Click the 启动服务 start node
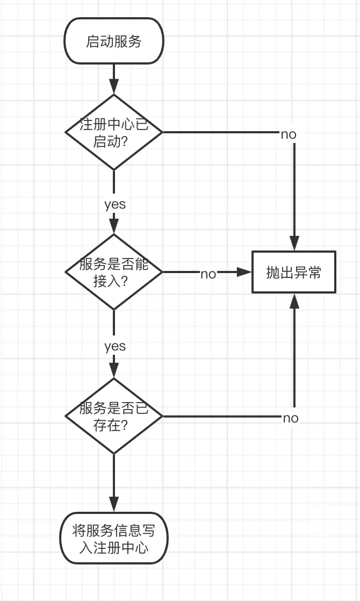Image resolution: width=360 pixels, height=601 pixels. pyautogui.click(x=113, y=41)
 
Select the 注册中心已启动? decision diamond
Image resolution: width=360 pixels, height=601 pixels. pyautogui.click(x=113, y=132)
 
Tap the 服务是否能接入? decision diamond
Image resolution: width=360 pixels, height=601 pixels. pyautogui.click(x=113, y=271)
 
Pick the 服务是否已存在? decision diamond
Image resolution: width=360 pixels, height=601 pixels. pyautogui.click(x=113, y=416)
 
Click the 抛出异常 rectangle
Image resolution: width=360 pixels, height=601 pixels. pyautogui.click(x=294, y=272)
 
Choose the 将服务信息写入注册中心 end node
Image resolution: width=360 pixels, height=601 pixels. pyautogui.click(x=113, y=538)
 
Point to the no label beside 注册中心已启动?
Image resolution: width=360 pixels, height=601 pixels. pyautogui.click(x=289, y=134)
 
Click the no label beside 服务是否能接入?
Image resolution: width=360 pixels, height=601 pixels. pyautogui.click(x=208, y=274)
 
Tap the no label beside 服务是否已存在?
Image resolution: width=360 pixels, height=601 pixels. pyautogui.click(x=291, y=418)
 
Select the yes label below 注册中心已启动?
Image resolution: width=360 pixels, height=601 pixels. pyautogui.click(x=114, y=204)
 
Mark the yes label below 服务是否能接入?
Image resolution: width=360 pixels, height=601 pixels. pyautogui.click(x=114, y=346)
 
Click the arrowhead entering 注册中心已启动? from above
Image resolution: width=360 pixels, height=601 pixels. pyautogui.click(x=113, y=87)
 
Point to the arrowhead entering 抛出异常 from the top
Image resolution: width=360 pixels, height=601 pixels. pyautogui.click(x=294, y=244)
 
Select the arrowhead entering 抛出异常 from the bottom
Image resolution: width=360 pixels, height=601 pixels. pyautogui.click(x=294, y=300)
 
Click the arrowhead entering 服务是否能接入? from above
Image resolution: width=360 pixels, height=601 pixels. pyautogui.click(x=113, y=226)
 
